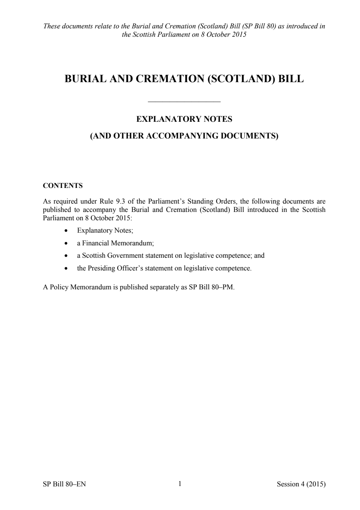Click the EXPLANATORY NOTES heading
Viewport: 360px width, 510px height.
click(x=184, y=119)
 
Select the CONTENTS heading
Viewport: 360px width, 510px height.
click(x=63, y=186)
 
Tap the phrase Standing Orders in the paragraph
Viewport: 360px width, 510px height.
click(x=211, y=201)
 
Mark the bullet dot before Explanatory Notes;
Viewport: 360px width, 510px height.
click(x=66, y=231)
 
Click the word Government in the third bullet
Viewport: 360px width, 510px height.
click(x=125, y=256)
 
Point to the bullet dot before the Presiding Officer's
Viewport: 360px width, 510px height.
click(x=66, y=269)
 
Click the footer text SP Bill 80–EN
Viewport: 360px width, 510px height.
click(x=64, y=484)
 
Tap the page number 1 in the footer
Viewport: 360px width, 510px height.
click(x=180, y=483)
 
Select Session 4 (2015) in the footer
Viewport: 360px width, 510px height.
click(x=301, y=484)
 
